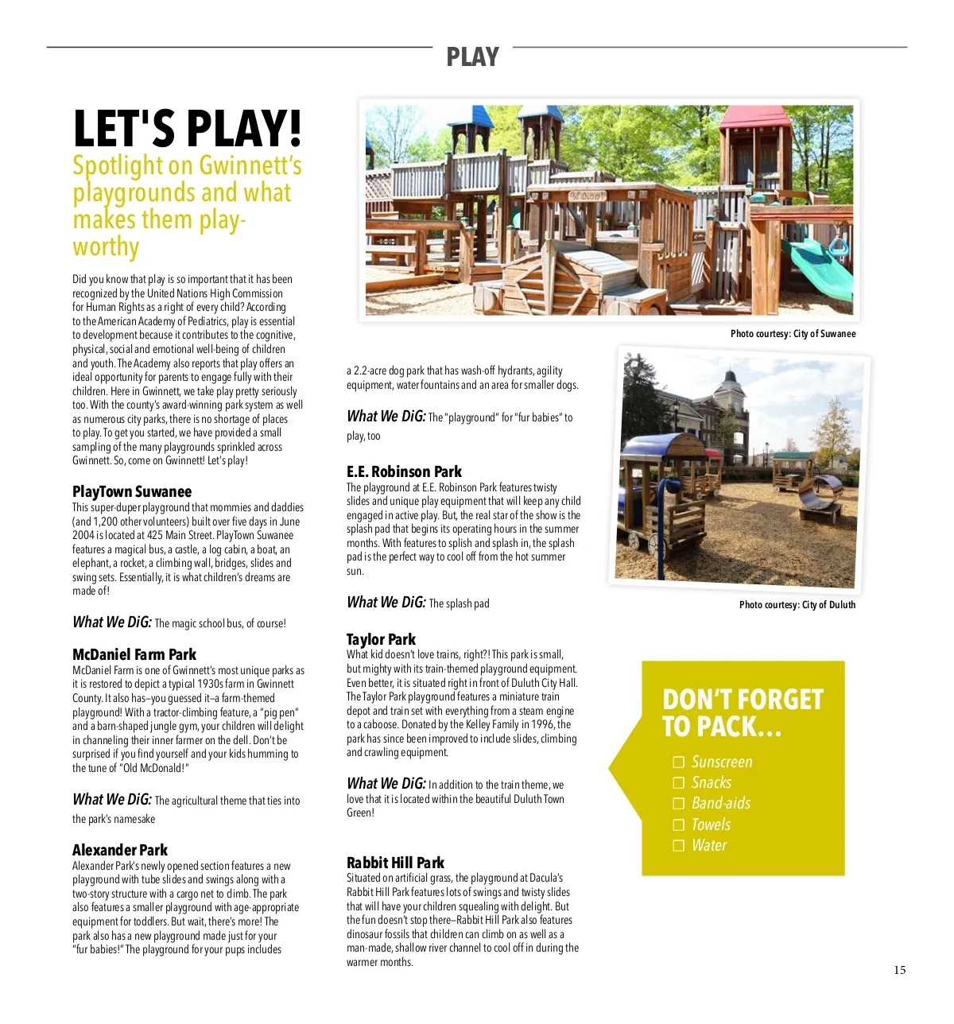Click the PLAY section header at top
pos(472,57)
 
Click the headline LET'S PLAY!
pos(187,128)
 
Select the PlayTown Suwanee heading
pos(132,491)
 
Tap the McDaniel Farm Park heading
pos(134,654)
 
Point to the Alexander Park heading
pos(120,850)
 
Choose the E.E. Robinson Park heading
pos(404,471)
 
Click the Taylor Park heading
pos(381,639)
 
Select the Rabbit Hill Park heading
pos(395,863)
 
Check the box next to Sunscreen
pos(679,762)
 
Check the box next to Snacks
pos(679,783)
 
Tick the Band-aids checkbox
pos(679,804)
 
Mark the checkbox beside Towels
pos(679,825)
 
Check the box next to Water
pos(679,846)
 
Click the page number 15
pos(900,970)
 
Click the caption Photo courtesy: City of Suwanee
pos(793,334)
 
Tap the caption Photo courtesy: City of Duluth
pos(797,605)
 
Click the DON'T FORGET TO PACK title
pos(742,712)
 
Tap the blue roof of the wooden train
pos(665,446)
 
